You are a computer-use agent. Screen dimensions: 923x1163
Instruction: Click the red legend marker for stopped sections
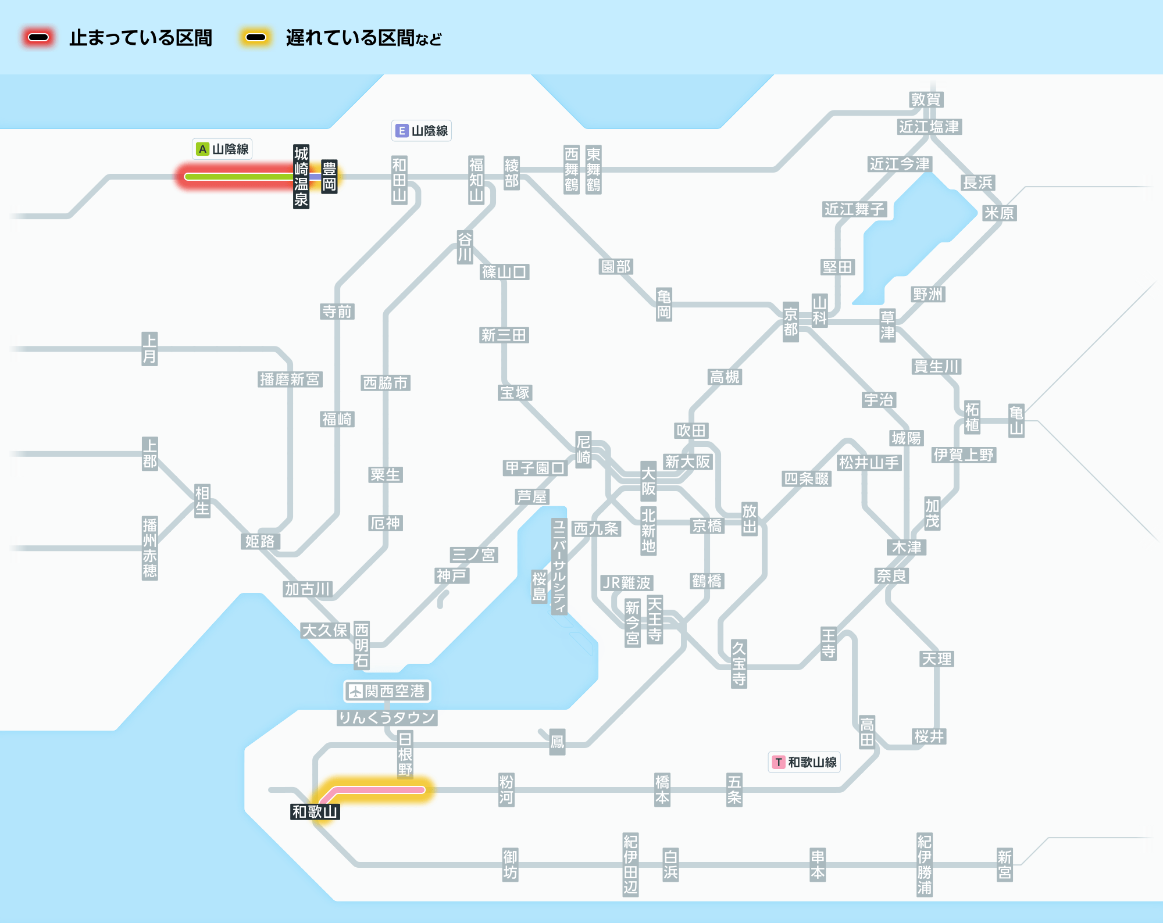tap(38, 38)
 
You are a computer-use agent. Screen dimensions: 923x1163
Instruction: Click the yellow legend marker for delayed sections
tap(255, 38)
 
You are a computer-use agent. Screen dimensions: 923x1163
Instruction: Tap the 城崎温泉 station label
tap(301, 177)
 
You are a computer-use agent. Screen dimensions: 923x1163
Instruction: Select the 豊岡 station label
tap(329, 177)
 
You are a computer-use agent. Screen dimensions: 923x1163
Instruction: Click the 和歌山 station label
tap(315, 811)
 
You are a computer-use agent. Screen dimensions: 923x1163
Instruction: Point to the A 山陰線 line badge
tap(223, 149)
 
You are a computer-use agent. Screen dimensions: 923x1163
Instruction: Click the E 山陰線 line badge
tap(422, 131)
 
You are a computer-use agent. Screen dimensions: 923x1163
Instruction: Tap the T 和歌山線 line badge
tap(805, 762)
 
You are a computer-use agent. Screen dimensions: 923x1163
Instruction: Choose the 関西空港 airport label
tap(387, 691)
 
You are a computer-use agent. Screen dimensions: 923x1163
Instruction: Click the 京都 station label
tap(790, 322)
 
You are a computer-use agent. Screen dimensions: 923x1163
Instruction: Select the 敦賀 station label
tap(926, 99)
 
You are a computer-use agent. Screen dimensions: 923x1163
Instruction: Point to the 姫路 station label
tap(260, 541)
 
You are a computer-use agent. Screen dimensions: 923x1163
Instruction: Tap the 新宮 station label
tap(1004, 865)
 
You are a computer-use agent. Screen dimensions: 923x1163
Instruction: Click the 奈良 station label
tap(891, 575)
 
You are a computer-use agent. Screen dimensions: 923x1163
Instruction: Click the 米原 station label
tap(999, 213)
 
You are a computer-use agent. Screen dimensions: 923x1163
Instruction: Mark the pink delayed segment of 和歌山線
tap(378, 790)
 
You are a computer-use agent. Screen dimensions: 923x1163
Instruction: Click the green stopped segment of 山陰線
tap(238, 177)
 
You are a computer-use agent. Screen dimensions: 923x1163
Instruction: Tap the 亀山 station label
tap(1016, 421)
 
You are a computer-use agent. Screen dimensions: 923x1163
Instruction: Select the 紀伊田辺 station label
tap(630, 865)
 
